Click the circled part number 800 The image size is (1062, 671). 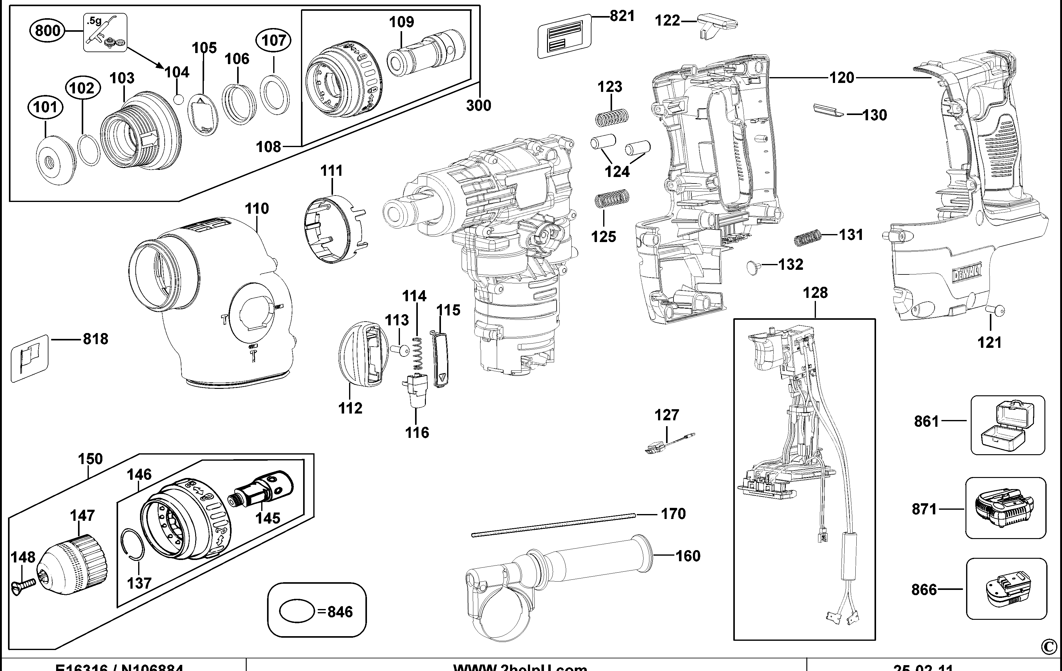pos(47,31)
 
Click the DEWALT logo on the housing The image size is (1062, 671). pos(968,274)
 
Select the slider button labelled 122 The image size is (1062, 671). pos(717,25)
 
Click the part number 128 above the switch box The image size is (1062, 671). pos(815,293)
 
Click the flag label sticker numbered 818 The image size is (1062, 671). pos(29,358)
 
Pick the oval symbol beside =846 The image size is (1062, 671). pos(297,611)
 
